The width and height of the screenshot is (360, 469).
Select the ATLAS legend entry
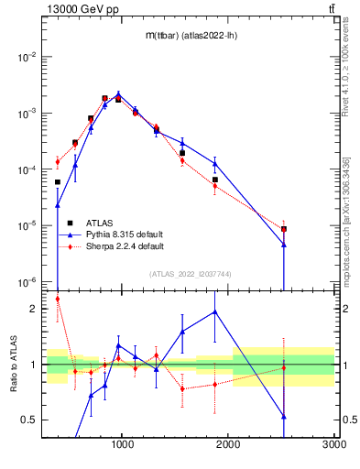pos(100,223)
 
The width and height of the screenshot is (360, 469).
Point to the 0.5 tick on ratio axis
pos(30,420)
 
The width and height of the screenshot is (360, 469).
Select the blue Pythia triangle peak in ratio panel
pos(215,311)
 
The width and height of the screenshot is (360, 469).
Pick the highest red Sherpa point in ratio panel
pos(58,299)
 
